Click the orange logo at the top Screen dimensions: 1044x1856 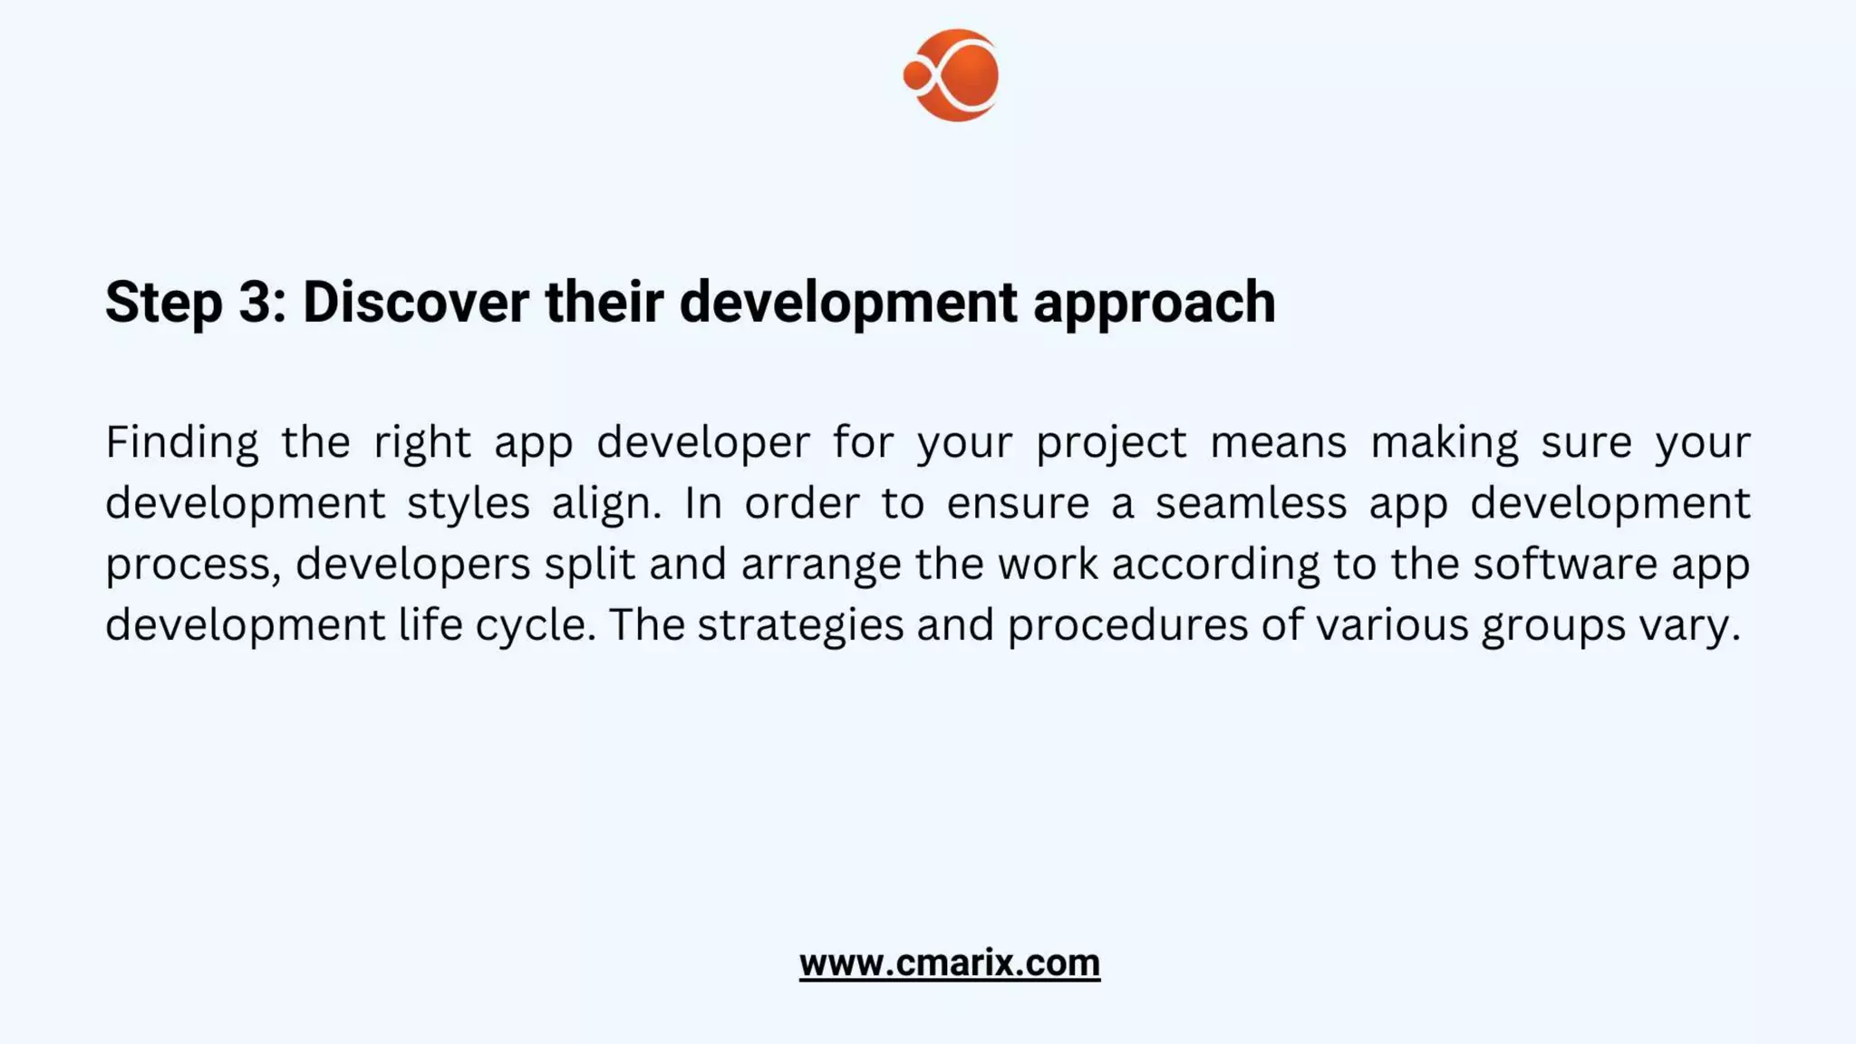click(952, 75)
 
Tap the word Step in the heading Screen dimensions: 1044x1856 click(163, 303)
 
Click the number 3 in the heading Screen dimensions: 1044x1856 click(256, 301)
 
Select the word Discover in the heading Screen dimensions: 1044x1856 click(415, 301)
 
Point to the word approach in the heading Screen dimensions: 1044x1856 click(1154, 303)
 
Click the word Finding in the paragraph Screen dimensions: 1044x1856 click(182, 443)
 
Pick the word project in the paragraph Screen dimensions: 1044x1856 click(1111, 443)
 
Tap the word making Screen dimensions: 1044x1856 click(1444, 443)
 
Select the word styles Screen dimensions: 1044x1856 click(468, 504)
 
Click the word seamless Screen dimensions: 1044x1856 click(1251, 503)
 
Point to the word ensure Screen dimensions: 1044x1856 click(1018, 503)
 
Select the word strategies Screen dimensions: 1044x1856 click(800, 625)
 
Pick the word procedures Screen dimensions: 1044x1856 click(1127, 625)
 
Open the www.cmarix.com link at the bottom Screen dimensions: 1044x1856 click(949, 962)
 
